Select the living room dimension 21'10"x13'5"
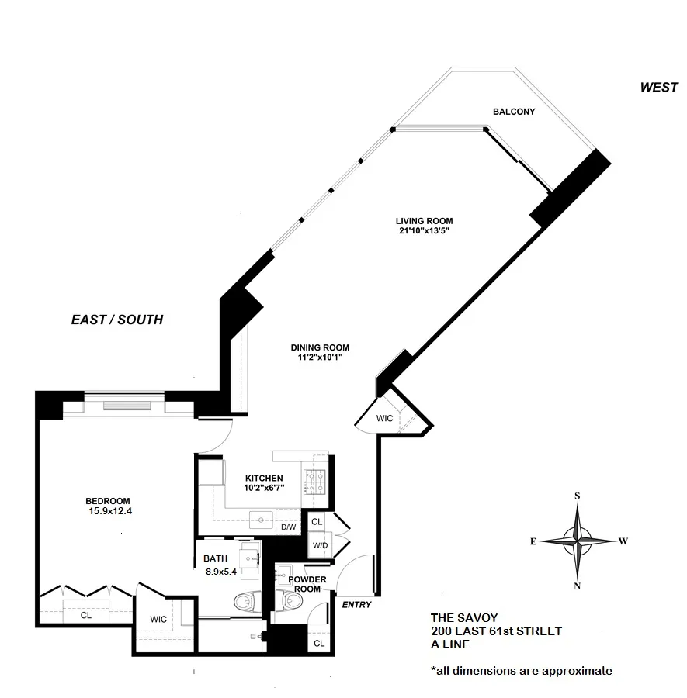[x=423, y=230]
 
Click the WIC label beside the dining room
[x=385, y=418]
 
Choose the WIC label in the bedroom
[x=161, y=619]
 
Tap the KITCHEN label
[x=264, y=478]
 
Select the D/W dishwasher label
[x=288, y=527]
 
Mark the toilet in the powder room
[x=289, y=600]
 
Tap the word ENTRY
[x=356, y=605]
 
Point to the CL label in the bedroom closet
[x=85, y=616]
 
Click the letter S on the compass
[x=578, y=495]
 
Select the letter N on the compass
[x=578, y=586]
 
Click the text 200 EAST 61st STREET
[x=496, y=631]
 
